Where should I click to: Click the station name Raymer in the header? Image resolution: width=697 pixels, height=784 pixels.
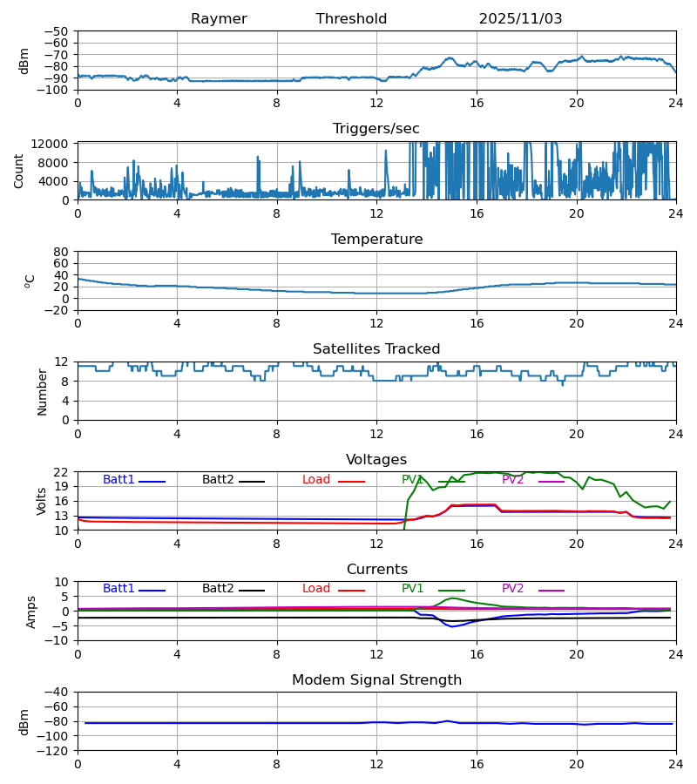(219, 19)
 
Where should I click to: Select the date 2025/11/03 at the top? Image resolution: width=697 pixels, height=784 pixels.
(520, 19)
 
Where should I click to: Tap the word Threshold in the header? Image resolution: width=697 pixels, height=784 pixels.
(351, 19)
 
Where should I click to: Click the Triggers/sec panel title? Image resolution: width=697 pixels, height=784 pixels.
(376, 129)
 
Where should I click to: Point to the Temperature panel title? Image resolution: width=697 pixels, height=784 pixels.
(376, 240)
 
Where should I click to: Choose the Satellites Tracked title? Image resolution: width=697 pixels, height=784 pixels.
(376, 349)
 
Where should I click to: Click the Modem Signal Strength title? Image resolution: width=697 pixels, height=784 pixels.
(376, 680)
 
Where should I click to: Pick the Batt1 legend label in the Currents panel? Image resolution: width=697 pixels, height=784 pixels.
(118, 589)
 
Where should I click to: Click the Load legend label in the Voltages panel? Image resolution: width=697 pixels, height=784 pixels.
(316, 480)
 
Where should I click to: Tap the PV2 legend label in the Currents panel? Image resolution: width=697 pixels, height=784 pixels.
(512, 589)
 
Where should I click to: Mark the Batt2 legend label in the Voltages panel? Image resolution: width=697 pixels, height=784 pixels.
(218, 480)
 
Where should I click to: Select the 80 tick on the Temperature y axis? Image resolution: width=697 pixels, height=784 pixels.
(61, 252)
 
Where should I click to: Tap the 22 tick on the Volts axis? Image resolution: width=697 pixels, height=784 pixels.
(61, 472)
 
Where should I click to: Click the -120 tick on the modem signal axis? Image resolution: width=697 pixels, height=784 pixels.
(54, 751)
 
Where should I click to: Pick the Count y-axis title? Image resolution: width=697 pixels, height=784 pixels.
(19, 171)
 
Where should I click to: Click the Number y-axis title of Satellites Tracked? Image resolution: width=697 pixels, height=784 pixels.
(42, 391)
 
